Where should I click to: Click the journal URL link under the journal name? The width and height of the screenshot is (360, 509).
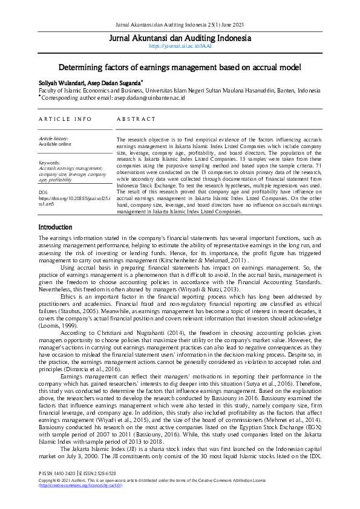pos(180,46)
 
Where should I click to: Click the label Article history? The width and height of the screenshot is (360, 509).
pos(53,138)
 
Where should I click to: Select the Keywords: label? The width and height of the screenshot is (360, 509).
pos(50,163)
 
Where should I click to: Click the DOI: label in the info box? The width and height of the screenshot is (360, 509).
pos(44,192)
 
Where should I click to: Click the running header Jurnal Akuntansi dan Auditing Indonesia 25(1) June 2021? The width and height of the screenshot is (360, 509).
pos(180,24)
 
